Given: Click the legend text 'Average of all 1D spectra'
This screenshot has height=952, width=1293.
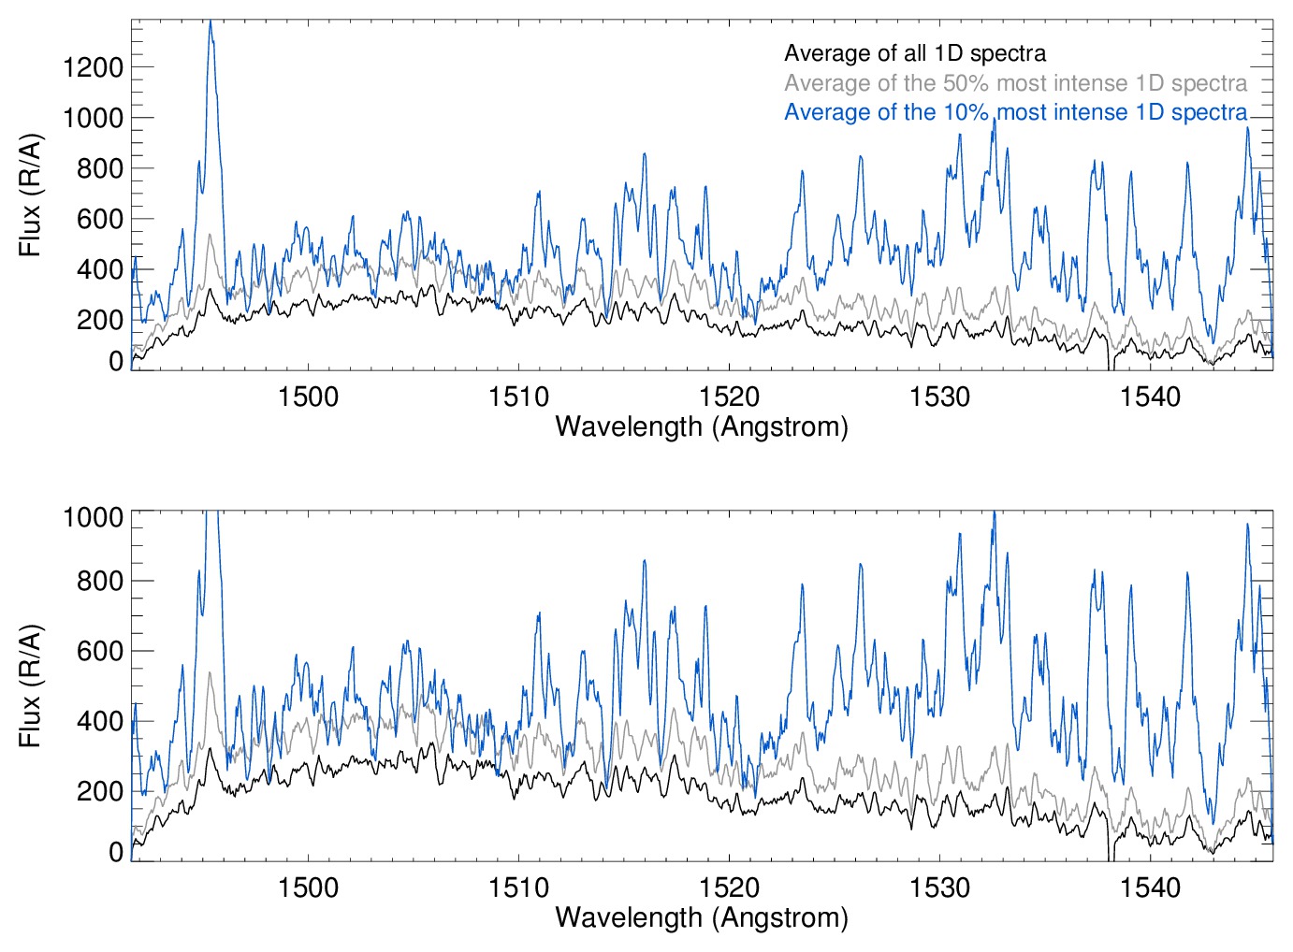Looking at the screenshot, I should [914, 53].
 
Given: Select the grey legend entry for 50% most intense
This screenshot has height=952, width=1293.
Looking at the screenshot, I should [1015, 83].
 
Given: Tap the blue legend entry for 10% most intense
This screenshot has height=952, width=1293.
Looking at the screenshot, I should [1015, 112].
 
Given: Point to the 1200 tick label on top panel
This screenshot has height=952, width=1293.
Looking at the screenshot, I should [93, 67].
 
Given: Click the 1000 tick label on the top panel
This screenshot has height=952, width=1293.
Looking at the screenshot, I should [93, 118].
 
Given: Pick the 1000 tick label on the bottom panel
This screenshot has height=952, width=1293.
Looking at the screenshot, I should [93, 517].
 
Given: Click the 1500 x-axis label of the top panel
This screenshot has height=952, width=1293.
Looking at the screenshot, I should [308, 397].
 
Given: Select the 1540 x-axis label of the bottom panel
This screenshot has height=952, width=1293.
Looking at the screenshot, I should [1150, 887].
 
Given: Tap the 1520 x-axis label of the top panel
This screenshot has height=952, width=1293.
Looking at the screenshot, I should [729, 397].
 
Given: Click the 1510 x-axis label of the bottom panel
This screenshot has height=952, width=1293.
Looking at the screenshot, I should [518, 887].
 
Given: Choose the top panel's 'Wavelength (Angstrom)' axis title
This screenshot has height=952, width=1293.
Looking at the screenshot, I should [702, 427].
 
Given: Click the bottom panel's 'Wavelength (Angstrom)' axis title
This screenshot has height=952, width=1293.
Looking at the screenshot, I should [702, 917].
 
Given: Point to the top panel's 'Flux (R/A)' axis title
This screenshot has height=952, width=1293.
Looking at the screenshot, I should [31, 195].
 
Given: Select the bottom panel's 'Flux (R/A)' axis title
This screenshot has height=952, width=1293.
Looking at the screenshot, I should [31, 685].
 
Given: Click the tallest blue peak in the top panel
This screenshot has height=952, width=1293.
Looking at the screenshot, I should [211, 22].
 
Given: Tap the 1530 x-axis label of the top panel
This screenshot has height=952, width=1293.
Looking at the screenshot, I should [939, 397].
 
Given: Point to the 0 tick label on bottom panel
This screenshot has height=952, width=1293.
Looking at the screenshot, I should [116, 852].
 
